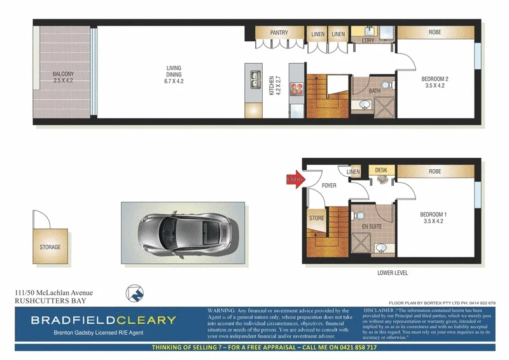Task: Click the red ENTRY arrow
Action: [295, 180]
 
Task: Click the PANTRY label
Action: [279, 32]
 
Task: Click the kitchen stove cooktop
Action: [296, 90]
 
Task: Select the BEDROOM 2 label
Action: [436, 83]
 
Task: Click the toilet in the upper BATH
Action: [385, 85]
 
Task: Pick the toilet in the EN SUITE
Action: [360, 214]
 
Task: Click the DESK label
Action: [381, 170]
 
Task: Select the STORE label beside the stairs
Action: [316, 218]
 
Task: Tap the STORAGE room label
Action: [50, 247]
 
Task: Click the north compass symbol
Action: [134, 293]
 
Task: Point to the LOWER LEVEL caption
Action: [392, 273]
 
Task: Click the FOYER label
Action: [329, 186]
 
